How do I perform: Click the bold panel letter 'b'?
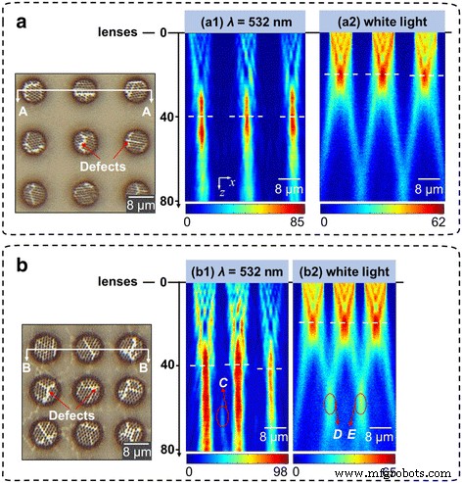[17, 262]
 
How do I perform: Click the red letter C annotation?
[224, 383]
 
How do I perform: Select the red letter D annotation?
[337, 431]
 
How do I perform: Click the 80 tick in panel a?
[170, 202]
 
